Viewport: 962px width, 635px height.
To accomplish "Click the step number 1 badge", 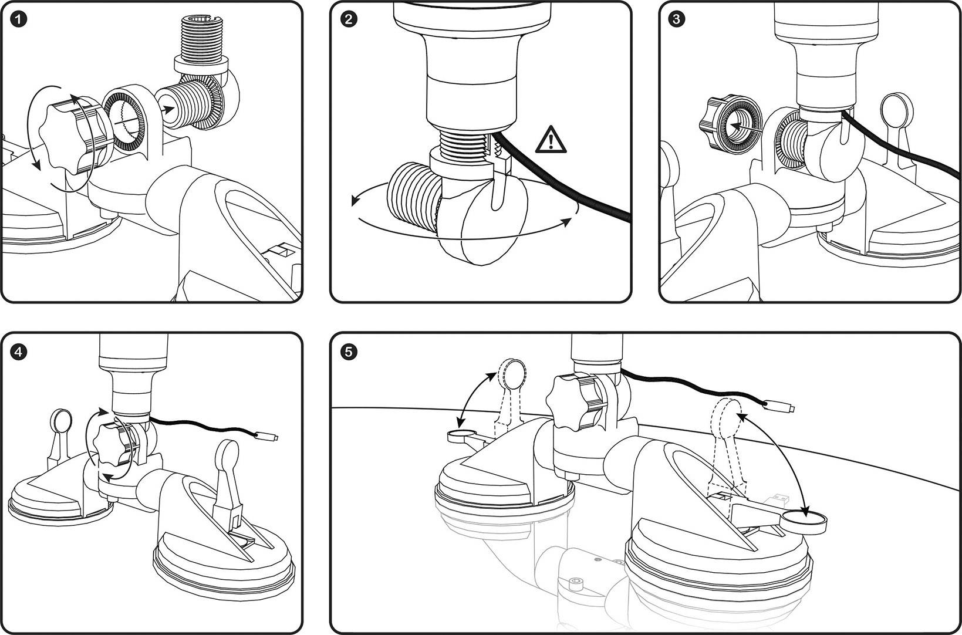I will coord(19,19).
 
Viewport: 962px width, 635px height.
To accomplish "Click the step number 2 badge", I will coord(349,19).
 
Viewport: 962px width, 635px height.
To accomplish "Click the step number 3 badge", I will coord(677,19).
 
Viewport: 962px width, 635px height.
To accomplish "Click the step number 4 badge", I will coord(19,352).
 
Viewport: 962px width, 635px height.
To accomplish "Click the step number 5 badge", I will coord(349,352).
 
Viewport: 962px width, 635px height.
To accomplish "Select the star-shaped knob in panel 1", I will coord(65,136).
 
